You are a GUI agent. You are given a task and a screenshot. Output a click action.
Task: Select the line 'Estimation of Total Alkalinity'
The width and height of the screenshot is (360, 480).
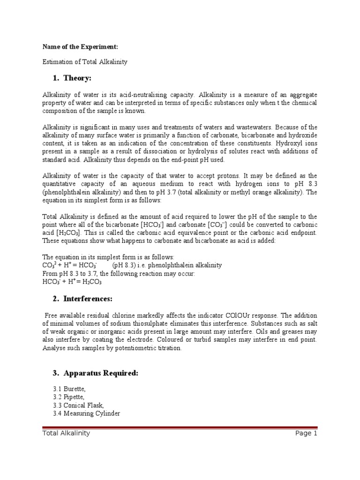pyautogui.click(x=85, y=62)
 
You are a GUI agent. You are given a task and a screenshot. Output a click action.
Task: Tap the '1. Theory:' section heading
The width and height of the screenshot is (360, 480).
pyautogui.click(x=70, y=78)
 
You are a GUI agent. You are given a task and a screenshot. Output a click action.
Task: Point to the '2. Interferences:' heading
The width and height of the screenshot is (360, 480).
pyautogui.click(x=82, y=299)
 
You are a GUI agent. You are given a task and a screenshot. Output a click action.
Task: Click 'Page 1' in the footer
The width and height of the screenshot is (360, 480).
pyautogui.click(x=306, y=434)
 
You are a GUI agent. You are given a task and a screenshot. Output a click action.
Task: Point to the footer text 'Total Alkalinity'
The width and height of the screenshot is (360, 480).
pyautogui.click(x=66, y=434)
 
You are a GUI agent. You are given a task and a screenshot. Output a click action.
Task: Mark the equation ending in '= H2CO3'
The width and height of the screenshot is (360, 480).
pyautogui.click(x=72, y=282)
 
